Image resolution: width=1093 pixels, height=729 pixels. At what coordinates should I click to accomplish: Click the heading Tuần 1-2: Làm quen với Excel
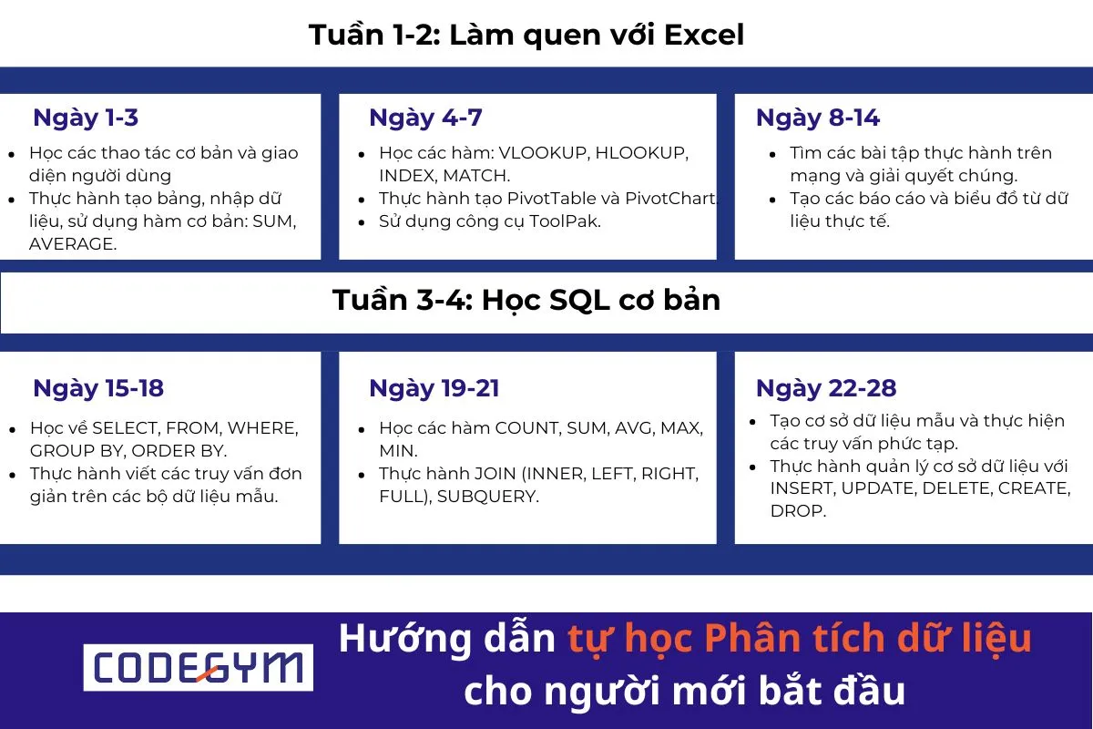pos(526,35)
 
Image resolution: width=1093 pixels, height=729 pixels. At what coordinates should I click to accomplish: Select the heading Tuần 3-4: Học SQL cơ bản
pos(526,300)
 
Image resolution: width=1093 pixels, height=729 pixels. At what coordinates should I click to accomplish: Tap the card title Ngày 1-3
pos(86,118)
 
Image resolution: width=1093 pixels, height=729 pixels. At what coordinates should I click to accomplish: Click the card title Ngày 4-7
pos(425,118)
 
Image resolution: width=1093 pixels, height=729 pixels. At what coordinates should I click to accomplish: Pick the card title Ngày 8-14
pos(817,118)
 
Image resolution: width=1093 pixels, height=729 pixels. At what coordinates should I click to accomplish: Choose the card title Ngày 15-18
pos(98,388)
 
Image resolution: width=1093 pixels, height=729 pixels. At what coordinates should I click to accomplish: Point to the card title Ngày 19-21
pos(434,388)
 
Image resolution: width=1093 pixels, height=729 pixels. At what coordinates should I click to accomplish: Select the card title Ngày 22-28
pos(826,388)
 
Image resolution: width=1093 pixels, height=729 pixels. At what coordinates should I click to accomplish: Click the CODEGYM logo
pos(199,668)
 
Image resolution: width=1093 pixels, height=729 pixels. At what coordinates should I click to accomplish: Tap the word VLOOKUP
pos(544,152)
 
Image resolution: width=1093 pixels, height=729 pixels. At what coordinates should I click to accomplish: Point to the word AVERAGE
pos(73,243)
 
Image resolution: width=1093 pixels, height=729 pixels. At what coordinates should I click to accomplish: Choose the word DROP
pos(798,511)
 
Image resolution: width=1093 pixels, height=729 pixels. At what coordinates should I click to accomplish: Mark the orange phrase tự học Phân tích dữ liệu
pos(800,639)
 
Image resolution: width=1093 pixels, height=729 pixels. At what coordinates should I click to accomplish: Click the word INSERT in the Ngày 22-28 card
pos(802,488)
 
